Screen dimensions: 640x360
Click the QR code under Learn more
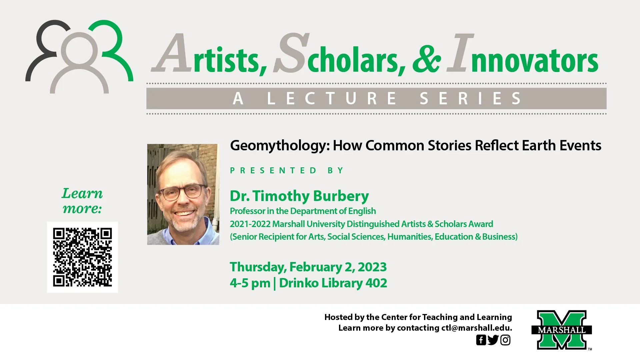pyautogui.click(x=82, y=257)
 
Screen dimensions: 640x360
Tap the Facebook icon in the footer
pyautogui.click(x=481, y=340)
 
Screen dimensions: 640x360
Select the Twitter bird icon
pyautogui.click(x=493, y=340)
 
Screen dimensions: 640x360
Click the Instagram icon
pyautogui.click(x=505, y=340)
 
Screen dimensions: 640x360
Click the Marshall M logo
pyautogui.click(x=562, y=330)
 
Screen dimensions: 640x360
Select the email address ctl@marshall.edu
pyautogui.click(x=477, y=328)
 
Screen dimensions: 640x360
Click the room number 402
pyautogui.click(x=376, y=283)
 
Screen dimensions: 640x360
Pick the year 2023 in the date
pyautogui.click(x=372, y=267)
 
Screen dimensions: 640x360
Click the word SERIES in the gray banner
pyautogui.click(x=471, y=98)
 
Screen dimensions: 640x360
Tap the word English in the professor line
pyautogui.click(x=362, y=211)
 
